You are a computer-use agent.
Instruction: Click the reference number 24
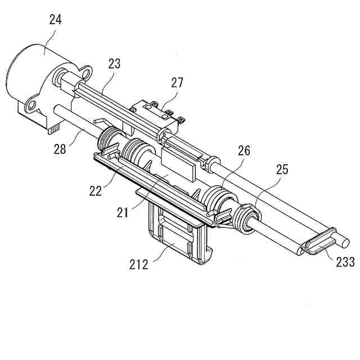tap(55, 20)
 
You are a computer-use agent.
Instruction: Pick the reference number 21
tap(124, 213)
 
